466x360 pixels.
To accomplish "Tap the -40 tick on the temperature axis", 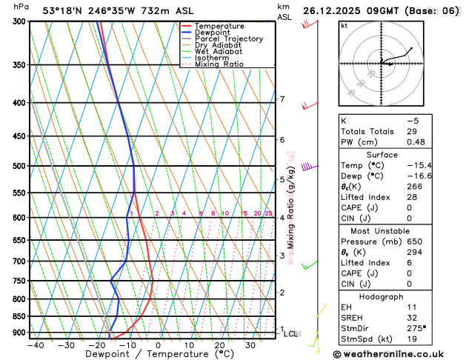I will (x=36, y=345).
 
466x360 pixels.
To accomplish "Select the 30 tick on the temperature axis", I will (x=250, y=345).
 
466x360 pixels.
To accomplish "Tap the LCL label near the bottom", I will (x=290, y=334).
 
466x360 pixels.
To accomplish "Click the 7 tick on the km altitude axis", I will (x=282, y=99).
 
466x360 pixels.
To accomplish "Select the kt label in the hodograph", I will (x=344, y=26).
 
